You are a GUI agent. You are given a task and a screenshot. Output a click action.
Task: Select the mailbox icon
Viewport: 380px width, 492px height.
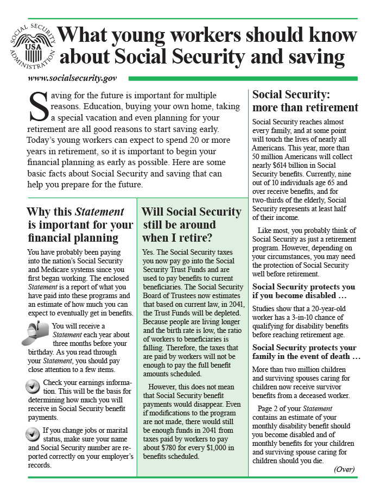36,332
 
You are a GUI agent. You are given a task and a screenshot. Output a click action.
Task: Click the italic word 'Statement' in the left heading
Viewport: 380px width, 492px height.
99,212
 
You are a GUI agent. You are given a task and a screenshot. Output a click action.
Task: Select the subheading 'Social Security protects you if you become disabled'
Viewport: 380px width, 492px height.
305,292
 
